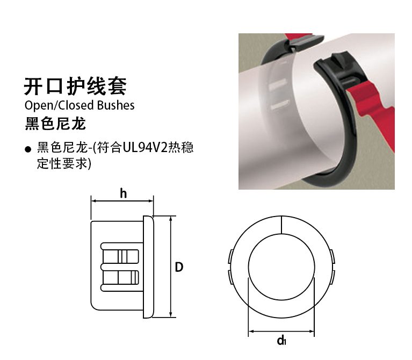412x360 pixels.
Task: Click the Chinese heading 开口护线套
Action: (x=75, y=86)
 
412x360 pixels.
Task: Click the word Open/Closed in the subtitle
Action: (x=59, y=105)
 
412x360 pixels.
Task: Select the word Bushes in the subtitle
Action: (x=115, y=105)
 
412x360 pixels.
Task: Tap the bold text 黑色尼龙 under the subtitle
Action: (x=55, y=124)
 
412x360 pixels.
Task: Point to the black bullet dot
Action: (x=28, y=149)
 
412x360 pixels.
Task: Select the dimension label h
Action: (x=123, y=193)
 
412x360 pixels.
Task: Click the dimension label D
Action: (x=179, y=267)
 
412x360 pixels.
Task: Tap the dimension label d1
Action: (x=281, y=340)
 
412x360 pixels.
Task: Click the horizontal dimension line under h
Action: (x=122, y=201)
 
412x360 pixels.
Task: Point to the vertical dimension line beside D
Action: (x=171, y=267)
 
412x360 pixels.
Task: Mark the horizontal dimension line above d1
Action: (x=281, y=331)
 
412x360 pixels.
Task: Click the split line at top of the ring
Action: (x=281, y=225)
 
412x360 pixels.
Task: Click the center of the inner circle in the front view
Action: (x=281, y=267)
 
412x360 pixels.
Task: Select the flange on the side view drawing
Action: (x=148, y=267)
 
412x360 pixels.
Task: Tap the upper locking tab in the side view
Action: (x=120, y=256)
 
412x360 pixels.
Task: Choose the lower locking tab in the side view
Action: (x=120, y=277)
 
